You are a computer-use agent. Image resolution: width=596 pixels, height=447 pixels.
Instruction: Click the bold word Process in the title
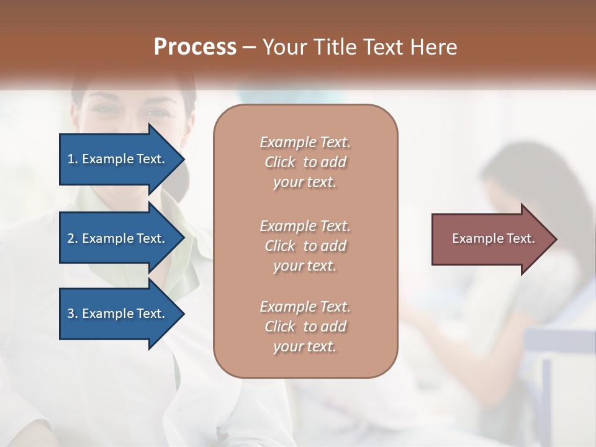coord(195,47)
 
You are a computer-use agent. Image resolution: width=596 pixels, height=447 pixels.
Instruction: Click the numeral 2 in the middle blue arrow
coord(71,238)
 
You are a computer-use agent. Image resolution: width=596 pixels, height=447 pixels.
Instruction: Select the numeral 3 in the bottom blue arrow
coord(71,314)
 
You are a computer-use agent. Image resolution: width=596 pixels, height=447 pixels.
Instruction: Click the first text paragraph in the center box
coord(305,162)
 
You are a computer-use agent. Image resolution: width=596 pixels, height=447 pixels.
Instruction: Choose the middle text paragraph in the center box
coord(305,246)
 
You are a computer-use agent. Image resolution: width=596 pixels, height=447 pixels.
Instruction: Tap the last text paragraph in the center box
coord(305,327)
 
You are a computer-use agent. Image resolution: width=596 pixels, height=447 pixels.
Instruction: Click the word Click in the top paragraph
coord(279,162)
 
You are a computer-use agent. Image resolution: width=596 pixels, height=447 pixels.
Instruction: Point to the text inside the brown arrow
coord(493,238)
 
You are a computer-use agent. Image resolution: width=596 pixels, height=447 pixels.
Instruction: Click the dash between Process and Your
coord(250,48)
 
